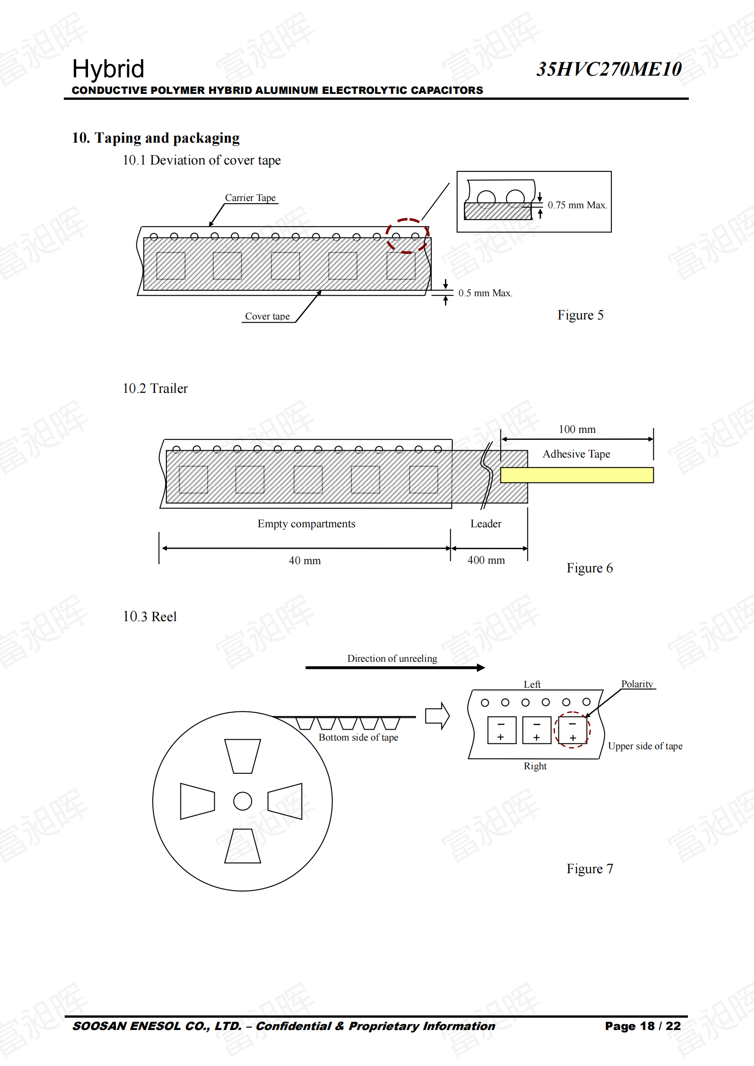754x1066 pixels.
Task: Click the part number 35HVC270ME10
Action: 609,69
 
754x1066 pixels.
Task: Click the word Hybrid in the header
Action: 108,69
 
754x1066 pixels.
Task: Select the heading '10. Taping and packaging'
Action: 155,138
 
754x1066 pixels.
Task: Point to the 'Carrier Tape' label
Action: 250,198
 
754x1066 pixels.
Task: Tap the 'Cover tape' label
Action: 268,316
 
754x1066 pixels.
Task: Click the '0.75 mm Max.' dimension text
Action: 577,205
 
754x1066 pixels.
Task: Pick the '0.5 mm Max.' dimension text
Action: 485,293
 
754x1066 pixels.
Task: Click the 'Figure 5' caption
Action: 580,315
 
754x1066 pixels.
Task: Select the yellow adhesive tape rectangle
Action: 577,475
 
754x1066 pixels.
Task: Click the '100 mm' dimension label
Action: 577,429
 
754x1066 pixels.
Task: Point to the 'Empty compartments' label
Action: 306,524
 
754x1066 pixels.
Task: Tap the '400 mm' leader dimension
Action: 486,561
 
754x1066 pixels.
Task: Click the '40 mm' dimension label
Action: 305,561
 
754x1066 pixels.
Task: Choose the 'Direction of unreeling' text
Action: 392,659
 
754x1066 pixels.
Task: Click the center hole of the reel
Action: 243,801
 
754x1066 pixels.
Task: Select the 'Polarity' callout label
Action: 637,684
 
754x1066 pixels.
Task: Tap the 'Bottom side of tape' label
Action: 358,737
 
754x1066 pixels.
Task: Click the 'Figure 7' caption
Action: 589,869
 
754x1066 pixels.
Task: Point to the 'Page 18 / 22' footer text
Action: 643,1026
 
